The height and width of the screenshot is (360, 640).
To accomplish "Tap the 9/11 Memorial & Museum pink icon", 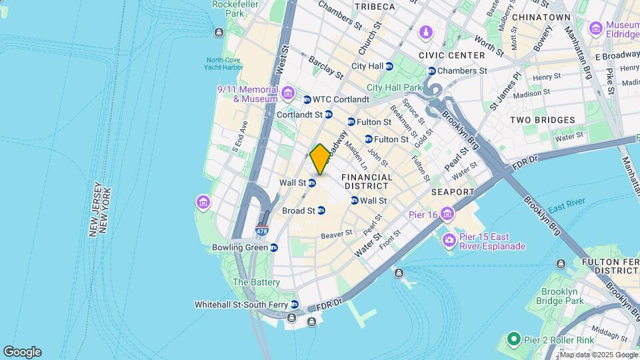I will [x=288, y=91].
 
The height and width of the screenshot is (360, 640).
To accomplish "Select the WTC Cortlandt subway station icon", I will [x=307, y=99].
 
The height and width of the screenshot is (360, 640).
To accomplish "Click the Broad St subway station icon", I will [x=321, y=211].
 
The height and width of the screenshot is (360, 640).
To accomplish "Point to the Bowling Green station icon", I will [x=274, y=247].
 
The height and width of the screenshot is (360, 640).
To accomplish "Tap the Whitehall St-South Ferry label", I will [x=241, y=305].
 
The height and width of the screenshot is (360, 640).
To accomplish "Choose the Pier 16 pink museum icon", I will [x=446, y=214].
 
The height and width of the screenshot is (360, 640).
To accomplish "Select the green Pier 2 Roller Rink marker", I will [x=513, y=340].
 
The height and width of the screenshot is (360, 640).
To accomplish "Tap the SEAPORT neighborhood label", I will [x=452, y=192].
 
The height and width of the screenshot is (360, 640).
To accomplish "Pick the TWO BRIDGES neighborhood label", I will [x=542, y=120].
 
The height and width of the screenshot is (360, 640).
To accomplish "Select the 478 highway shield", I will [x=262, y=231].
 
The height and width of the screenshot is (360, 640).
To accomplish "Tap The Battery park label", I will [x=256, y=282].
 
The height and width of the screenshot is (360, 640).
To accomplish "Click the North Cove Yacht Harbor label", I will [x=224, y=63].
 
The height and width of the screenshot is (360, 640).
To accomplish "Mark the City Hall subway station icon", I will [x=389, y=66].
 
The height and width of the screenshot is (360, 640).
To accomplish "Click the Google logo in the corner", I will [x=22, y=352].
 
